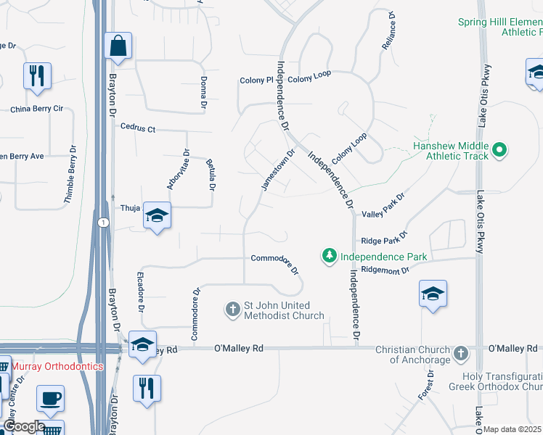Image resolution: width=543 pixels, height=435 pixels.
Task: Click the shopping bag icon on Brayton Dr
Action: (117, 47)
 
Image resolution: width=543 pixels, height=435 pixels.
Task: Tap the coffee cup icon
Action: (50, 399)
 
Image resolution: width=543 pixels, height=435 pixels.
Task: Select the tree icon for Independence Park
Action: (330, 256)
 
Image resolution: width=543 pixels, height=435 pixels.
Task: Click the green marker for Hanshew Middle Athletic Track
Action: (499, 151)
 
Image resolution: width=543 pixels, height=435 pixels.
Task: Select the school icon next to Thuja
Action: (157, 216)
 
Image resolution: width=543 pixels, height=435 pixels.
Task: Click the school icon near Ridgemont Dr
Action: (433, 294)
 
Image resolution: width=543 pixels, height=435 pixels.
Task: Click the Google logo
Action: (23, 426)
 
